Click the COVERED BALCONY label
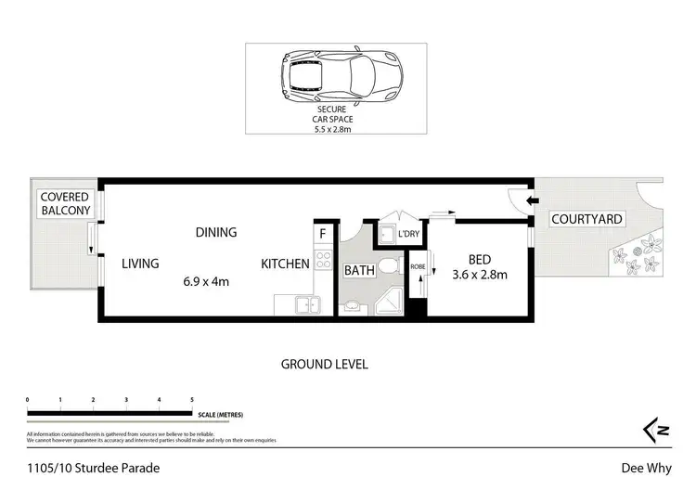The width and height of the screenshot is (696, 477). click(64, 203)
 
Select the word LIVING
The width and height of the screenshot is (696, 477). click(140, 264)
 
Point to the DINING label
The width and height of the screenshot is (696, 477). click(215, 232)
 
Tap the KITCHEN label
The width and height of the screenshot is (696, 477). click(284, 264)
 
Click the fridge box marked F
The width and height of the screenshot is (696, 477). click(322, 235)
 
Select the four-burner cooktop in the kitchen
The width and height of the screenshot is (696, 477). click(323, 262)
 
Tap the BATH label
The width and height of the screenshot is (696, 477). click(359, 271)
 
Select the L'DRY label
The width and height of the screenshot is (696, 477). click(409, 235)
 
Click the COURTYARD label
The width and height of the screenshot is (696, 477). click(586, 219)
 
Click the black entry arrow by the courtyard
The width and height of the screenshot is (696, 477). click(533, 200)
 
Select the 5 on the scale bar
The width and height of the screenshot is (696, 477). click(192, 399)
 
